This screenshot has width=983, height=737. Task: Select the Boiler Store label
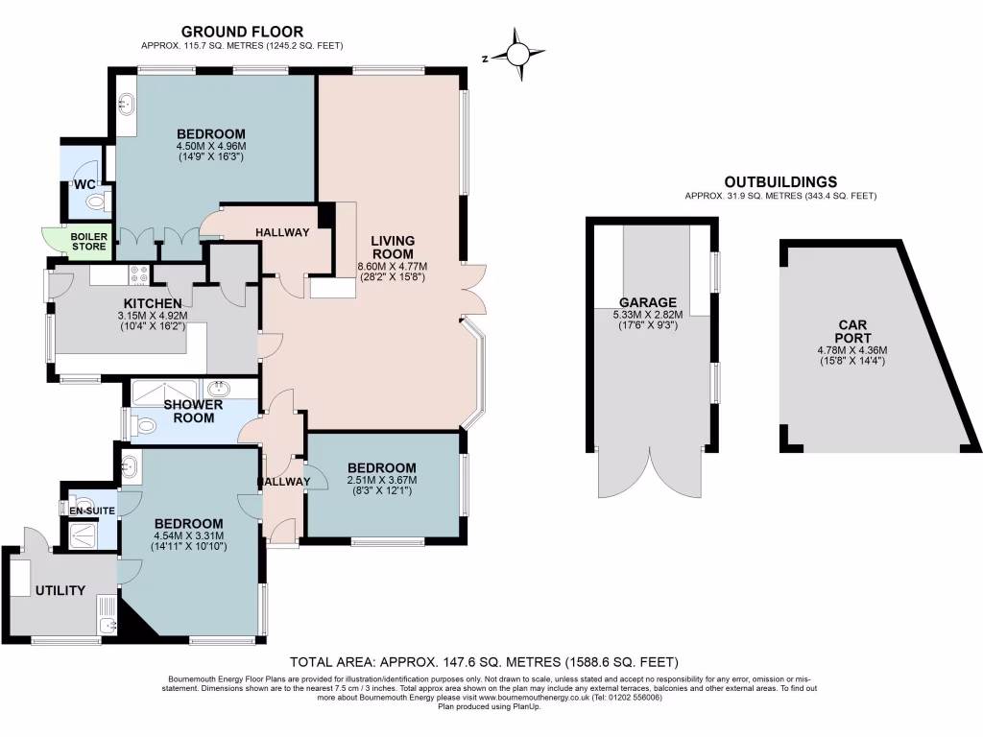coord(89,241)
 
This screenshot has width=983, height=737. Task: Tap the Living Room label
coord(392,247)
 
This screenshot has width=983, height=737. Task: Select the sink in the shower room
coord(220,389)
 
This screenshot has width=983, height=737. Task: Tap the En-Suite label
coord(92,511)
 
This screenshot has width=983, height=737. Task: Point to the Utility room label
coord(60,590)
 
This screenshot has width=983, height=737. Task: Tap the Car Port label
coord(846,331)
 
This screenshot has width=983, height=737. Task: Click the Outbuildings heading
coord(780,181)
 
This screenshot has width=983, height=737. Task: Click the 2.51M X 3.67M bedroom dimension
coord(382,480)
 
